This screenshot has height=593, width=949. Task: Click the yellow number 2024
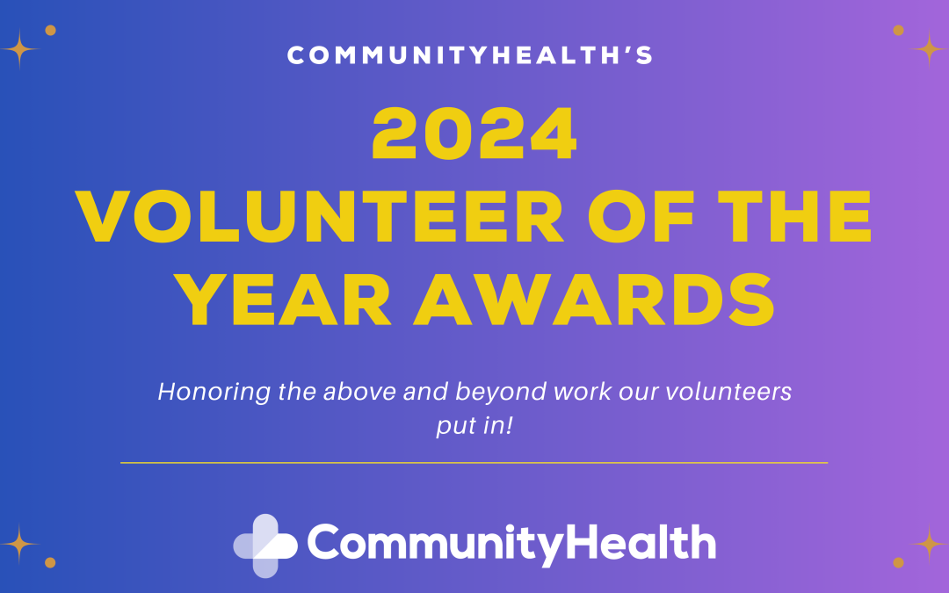pyautogui.click(x=474, y=134)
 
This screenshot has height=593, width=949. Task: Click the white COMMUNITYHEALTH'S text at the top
pyautogui.click(x=470, y=56)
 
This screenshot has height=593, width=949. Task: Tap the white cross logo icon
pyautogui.click(x=265, y=545)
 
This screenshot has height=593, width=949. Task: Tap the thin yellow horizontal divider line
pyautogui.click(x=474, y=462)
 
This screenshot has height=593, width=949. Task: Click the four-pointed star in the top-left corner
pyautogui.click(x=19, y=49)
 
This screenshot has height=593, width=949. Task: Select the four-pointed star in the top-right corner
pyautogui.click(x=929, y=48)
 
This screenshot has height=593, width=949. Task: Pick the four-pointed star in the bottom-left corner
pyautogui.click(x=19, y=543)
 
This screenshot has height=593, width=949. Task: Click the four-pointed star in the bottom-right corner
pyautogui.click(x=929, y=544)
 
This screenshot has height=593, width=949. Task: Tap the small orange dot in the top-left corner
pyautogui.click(x=50, y=30)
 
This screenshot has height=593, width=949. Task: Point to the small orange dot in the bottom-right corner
pyautogui.click(x=898, y=562)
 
